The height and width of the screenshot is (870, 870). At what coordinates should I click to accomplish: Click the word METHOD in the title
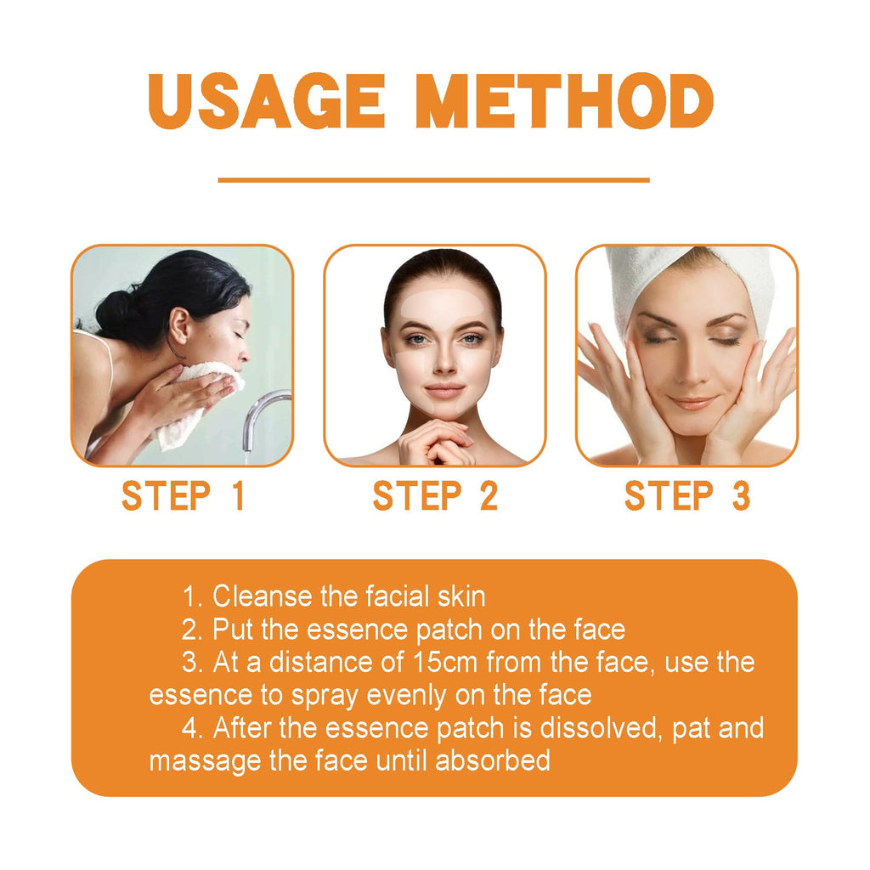568,102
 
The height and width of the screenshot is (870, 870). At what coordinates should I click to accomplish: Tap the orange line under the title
433,180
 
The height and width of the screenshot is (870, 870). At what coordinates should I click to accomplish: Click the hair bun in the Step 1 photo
115,314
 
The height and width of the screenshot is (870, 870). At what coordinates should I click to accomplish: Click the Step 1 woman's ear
179,325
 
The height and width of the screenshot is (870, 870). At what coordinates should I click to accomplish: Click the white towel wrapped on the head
671,272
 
